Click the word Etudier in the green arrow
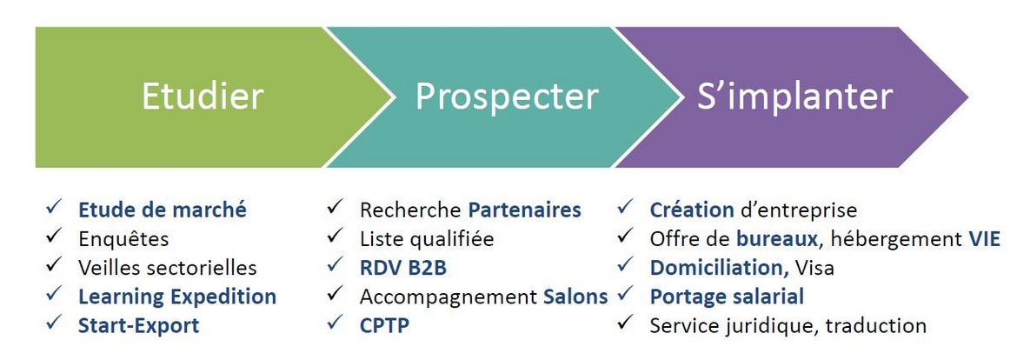pyautogui.click(x=203, y=96)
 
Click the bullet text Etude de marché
pyautogui.click(x=163, y=210)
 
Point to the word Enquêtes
pyautogui.click(x=123, y=239)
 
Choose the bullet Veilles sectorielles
pyautogui.click(x=168, y=267)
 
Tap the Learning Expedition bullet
pyautogui.click(x=177, y=297)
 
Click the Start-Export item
pyautogui.click(x=139, y=325)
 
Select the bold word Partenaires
pyautogui.click(x=525, y=210)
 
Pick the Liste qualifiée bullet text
pyautogui.click(x=426, y=239)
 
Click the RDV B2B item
pyautogui.click(x=402, y=267)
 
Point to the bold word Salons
pyautogui.click(x=575, y=297)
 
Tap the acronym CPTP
pyautogui.click(x=384, y=325)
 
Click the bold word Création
pyautogui.click(x=692, y=210)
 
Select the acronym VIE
pyautogui.click(x=984, y=239)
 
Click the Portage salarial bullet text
pyautogui.click(x=727, y=297)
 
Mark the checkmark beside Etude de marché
pyautogui.click(x=54, y=208)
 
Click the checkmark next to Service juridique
pyautogui.click(x=625, y=323)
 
